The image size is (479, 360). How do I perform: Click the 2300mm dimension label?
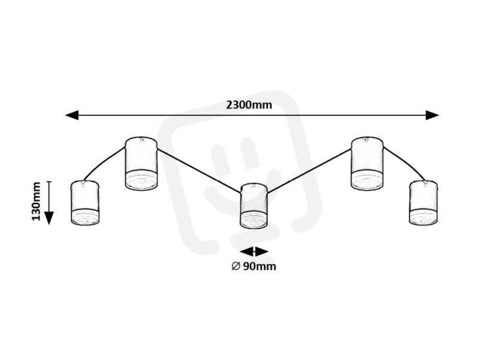[x=249, y=105]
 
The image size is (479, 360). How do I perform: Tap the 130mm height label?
[x=36, y=201]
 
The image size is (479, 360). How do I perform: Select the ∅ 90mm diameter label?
[x=254, y=266]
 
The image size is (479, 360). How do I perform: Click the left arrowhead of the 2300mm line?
[x=72, y=115]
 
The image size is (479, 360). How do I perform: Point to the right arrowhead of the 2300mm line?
[x=433, y=115]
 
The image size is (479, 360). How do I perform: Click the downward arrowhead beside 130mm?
[x=49, y=218]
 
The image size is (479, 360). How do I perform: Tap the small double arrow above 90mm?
[x=254, y=252]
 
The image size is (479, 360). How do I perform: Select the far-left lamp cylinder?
[x=85, y=203]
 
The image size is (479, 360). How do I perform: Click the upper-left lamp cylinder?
[x=141, y=163]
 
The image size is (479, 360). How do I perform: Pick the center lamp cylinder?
[x=254, y=206]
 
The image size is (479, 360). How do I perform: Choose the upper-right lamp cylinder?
[x=366, y=163]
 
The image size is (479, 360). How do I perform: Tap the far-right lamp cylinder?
[x=423, y=203]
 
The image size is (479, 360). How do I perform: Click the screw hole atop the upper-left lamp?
[x=142, y=140]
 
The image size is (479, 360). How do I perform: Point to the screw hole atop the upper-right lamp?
[x=365, y=140]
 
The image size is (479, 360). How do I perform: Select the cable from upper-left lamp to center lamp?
[x=199, y=170]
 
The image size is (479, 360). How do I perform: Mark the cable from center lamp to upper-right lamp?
[x=309, y=170]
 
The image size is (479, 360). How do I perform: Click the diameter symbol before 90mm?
[x=235, y=266]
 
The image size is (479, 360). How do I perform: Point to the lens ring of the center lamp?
[x=254, y=221]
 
